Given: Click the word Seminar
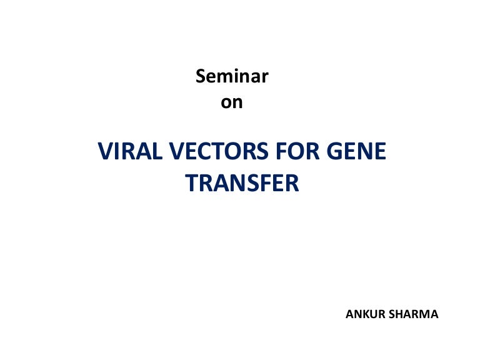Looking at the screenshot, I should pos(232,76).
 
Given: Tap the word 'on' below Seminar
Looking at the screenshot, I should pos(232,102).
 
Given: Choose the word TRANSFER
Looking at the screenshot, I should pos(242,183).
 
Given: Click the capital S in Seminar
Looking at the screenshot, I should pos(201,76).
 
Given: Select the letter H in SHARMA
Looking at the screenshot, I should pos(402,314).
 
